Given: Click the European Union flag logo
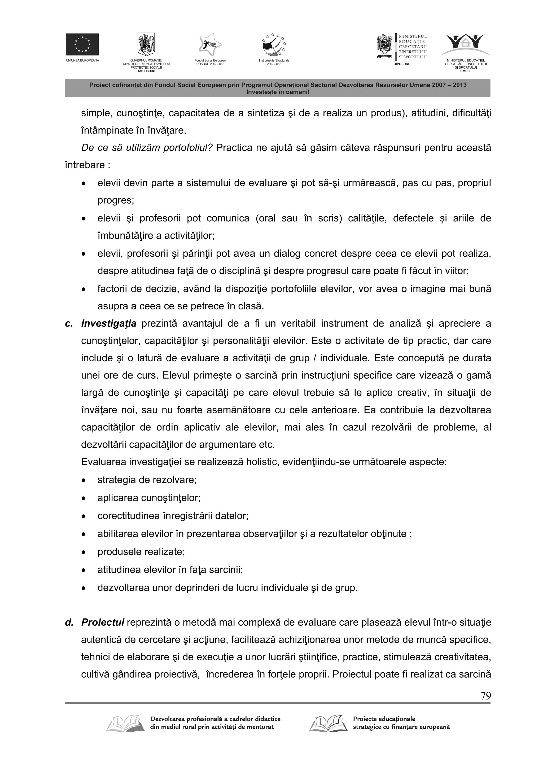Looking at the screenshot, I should pos(82,44).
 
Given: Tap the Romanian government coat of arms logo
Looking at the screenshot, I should pos(146,44).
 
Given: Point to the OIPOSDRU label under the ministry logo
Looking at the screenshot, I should pos(402,64).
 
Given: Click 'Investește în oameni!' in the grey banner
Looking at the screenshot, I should pos(278,92).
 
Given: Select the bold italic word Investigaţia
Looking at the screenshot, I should pos(109,323).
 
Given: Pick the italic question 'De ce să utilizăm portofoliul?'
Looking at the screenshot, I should pos(147,147).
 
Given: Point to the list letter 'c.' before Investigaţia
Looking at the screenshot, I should pos(69,323).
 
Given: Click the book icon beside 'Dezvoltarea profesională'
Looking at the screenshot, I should pos(124,723).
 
